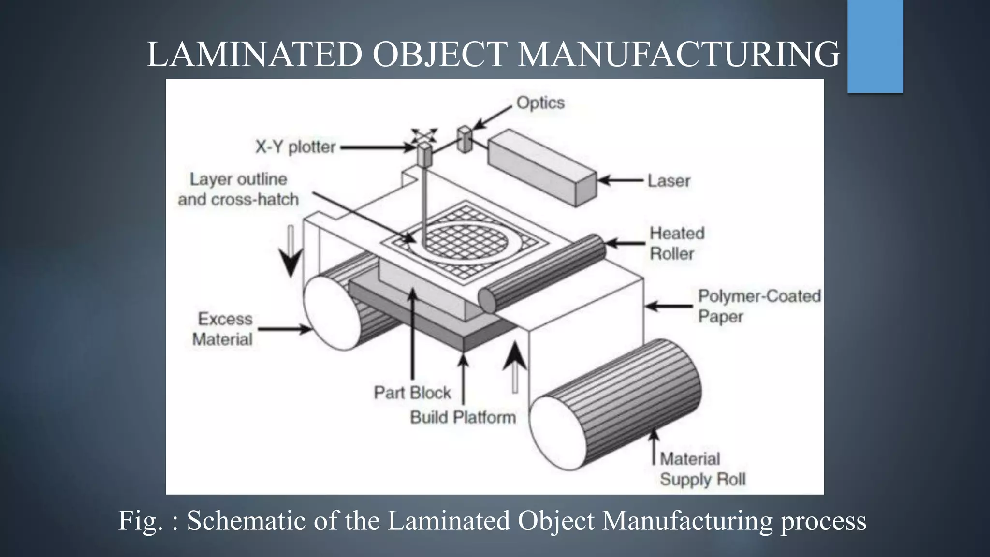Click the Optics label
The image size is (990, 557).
(x=540, y=103)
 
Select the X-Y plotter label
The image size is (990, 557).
(x=295, y=147)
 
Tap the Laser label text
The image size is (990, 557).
(x=669, y=181)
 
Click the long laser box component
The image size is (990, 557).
(x=541, y=167)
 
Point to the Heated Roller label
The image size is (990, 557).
(x=676, y=243)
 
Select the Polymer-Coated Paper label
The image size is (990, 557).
(x=759, y=306)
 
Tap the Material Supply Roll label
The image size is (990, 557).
(x=702, y=469)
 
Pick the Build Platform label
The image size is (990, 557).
(x=463, y=417)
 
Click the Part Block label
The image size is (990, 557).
(x=412, y=392)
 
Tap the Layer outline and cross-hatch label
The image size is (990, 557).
(x=238, y=189)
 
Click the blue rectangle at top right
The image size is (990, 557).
(x=875, y=46)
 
